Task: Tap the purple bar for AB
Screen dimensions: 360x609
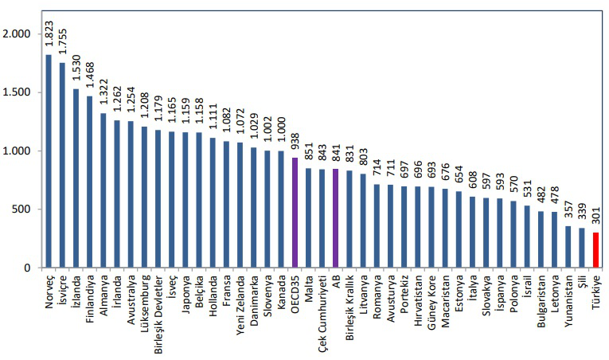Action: coord(336,218)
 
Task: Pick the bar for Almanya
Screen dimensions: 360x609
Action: coord(103,190)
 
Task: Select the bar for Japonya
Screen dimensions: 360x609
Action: coord(185,200)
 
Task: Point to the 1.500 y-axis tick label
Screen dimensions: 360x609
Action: coord(16,92)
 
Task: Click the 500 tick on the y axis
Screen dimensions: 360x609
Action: coord(21,209)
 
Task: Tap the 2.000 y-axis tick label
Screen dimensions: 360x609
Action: coord(16,34)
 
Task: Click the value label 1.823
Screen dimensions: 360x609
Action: coord(49,37)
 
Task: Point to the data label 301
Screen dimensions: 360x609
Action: coord(595,220)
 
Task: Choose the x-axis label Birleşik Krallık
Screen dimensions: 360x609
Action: coord(349,307)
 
